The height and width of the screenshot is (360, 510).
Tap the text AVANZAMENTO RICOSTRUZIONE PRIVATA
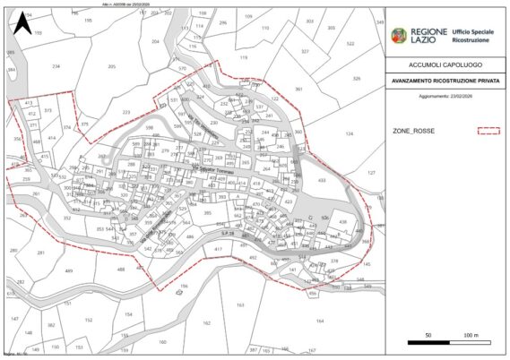[444, 81]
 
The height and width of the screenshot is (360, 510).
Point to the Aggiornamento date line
[444, 92]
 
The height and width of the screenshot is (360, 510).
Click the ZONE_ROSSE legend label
[411, 131]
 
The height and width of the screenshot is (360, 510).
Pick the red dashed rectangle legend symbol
[487, 131]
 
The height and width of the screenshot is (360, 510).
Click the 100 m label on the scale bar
[471, 335]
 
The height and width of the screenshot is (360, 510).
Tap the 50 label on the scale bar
[429, 335]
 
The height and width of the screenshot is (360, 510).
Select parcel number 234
[56, 66]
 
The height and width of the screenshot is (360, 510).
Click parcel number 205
[112, 67]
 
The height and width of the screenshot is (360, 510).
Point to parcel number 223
[126, 112]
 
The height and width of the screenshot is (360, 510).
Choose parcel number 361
[298, 90]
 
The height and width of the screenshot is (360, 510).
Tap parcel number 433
[322, 180]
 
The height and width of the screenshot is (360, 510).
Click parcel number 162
[206, 322]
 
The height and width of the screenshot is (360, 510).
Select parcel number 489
[69, 270]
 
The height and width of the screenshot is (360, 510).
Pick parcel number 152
[88, 319]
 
